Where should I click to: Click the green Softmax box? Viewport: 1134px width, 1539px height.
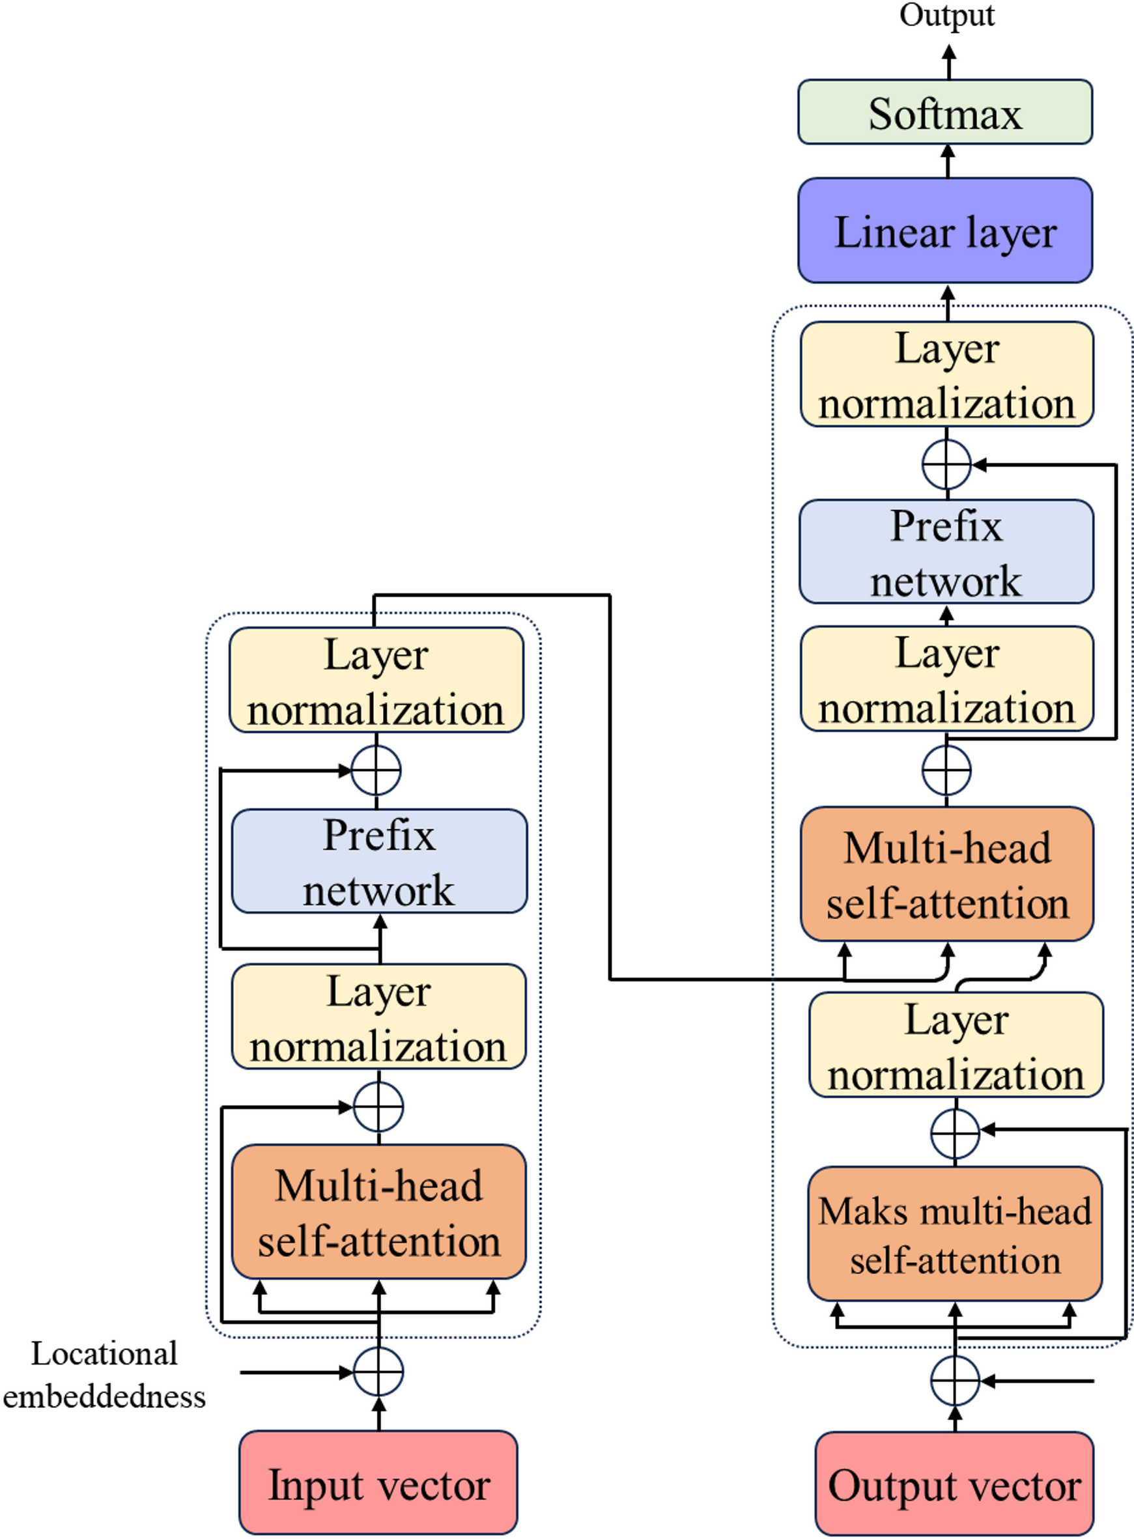[944, 112]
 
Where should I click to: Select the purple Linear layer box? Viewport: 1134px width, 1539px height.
[944, 231]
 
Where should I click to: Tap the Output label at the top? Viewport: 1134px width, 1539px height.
[946, 15]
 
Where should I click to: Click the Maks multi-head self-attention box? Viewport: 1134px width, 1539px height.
[955, 1234]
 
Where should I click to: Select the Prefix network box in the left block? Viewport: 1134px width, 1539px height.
[379, 861]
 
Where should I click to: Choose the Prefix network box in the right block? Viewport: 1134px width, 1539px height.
[946, 552]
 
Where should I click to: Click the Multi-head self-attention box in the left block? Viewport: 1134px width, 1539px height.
[379, 1212]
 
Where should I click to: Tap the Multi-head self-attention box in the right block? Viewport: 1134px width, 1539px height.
[946, 874]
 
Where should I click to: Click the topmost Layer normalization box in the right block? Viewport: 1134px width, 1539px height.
[946, 374]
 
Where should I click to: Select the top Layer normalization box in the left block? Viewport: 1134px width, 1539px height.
[376, 680]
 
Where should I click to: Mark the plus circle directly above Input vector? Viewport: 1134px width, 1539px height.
[378, 1372]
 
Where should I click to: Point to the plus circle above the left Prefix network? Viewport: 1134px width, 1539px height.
[376, 770]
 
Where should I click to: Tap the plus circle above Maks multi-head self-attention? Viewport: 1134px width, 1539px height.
[955, 1133]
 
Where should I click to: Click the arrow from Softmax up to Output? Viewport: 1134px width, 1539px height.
[948, 62]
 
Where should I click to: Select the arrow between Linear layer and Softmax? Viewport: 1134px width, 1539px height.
[948, 162]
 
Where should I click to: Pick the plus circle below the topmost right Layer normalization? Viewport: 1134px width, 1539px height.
[946, 465]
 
